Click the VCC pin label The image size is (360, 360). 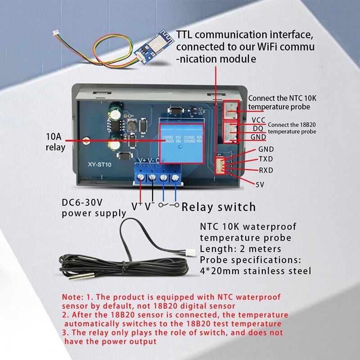[x=258, y=120]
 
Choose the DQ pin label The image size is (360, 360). [x=258, y=128]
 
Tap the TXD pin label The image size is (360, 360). [x=265, y=159]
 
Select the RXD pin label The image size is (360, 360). [x=265, y=170]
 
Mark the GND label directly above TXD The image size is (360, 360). [x=265, y=149]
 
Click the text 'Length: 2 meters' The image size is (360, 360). [x=240, y=249]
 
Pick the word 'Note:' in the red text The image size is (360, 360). [x=72, y=297]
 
